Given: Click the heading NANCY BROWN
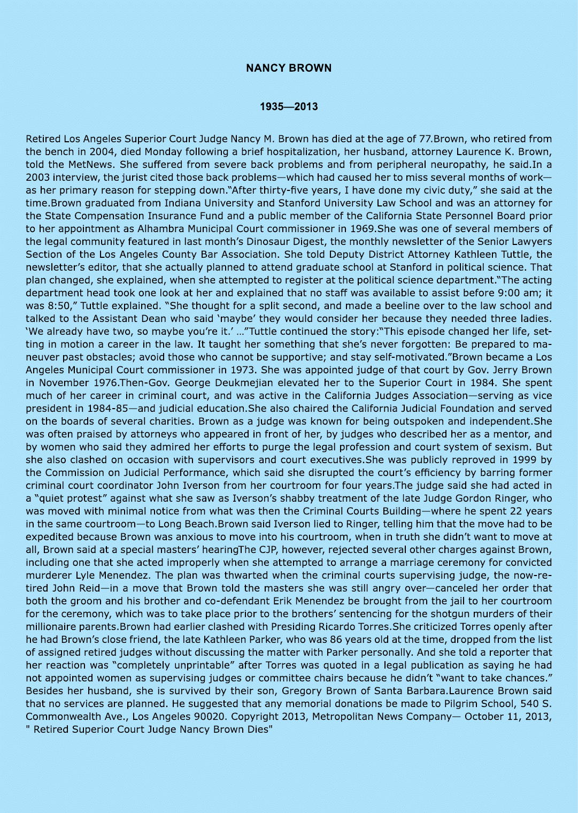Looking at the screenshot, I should (x=289, y=68).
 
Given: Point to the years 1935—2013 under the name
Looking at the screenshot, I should (x=289, y=106).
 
